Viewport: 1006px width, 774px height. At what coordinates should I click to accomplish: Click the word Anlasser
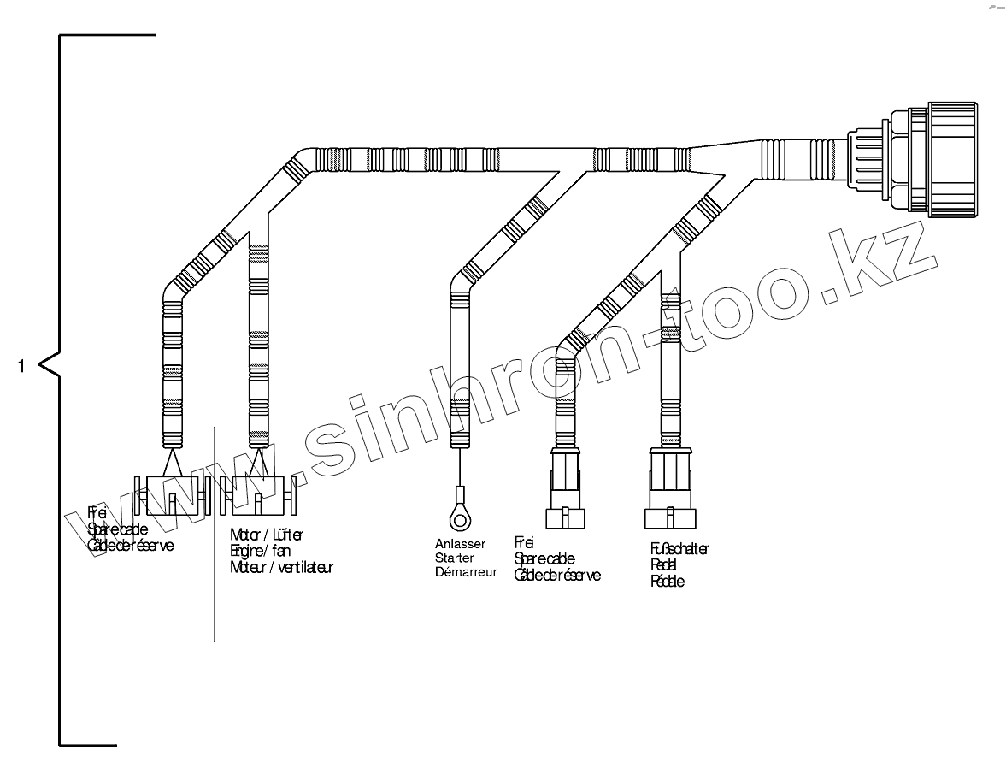tap(460, 543)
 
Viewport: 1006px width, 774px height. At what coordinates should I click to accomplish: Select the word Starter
tap(454, 558)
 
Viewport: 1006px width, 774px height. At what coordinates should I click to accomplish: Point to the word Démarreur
tap(465, 572)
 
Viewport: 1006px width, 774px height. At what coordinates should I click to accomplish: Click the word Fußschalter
tap(679, 549)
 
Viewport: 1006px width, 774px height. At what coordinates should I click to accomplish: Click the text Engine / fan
tap(260, 551)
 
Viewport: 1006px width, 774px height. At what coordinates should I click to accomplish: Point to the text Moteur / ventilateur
tap(281, 567)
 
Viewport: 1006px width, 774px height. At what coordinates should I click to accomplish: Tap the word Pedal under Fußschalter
tap(664, 565)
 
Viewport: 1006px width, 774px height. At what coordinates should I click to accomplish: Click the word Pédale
tap(667, 582)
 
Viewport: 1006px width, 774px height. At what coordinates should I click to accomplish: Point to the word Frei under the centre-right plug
tap(524, 542)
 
